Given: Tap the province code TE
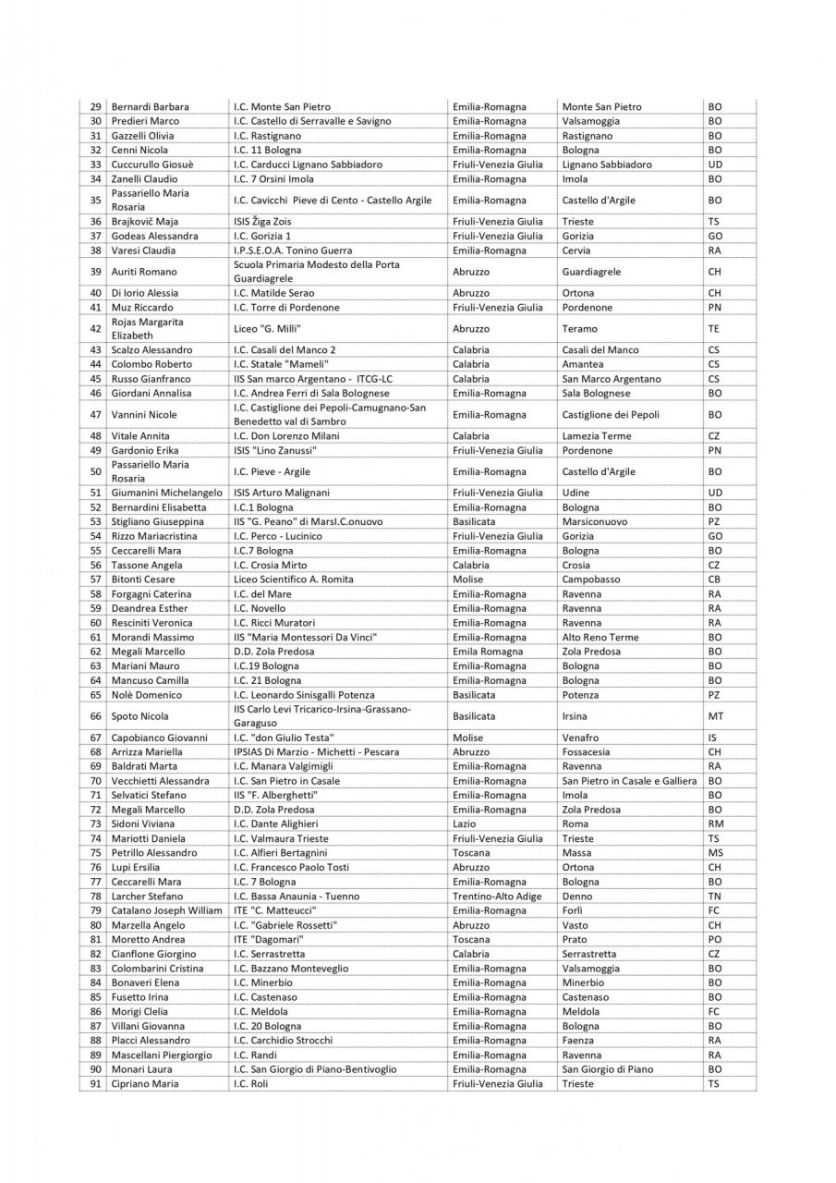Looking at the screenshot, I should point(714,328).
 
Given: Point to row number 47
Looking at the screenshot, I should point(95,415).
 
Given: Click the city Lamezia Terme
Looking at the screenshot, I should point(594,436).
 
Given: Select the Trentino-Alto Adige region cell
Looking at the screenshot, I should point(497,896).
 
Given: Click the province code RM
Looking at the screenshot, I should point(715,823).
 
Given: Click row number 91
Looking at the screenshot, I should point(95,1083).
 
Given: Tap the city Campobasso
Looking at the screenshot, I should point(591,579).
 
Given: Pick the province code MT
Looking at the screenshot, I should point(715,716).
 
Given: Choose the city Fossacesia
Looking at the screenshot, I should point(587,752).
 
